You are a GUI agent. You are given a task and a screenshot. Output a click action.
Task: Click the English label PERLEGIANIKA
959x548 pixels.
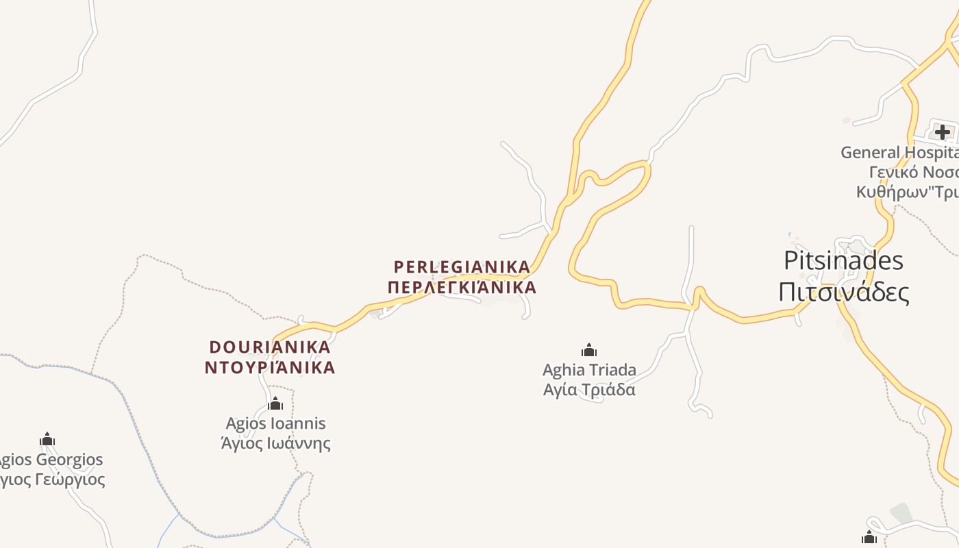462,266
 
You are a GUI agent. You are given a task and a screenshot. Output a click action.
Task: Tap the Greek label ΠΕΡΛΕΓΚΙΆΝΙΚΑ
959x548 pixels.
462,287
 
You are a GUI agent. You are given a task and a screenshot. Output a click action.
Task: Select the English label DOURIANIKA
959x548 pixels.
270,347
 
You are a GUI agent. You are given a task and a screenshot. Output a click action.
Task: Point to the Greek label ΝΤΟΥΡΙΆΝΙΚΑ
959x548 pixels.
270,367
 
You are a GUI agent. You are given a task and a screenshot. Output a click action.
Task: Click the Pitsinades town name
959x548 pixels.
843,261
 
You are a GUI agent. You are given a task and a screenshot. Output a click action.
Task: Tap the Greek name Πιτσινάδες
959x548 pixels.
843,292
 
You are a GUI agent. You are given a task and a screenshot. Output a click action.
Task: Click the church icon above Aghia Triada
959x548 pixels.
588,351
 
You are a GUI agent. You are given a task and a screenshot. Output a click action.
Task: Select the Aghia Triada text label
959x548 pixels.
589,370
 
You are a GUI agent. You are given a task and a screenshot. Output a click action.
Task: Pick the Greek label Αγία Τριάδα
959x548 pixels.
589,390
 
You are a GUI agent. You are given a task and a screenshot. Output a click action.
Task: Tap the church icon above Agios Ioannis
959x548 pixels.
275,403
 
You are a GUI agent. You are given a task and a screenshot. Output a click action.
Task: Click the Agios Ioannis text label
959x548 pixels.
275,423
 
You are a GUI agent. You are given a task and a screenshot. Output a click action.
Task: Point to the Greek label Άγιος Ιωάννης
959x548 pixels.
275,443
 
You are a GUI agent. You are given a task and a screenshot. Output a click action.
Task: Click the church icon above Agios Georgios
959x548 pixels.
47,439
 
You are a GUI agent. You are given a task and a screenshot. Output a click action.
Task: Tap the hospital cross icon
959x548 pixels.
943,132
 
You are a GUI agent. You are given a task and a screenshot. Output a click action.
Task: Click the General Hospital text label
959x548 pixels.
899,152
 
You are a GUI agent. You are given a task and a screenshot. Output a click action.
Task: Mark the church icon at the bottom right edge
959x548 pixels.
869,537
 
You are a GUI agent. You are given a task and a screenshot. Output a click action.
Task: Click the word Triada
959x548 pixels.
612,370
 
